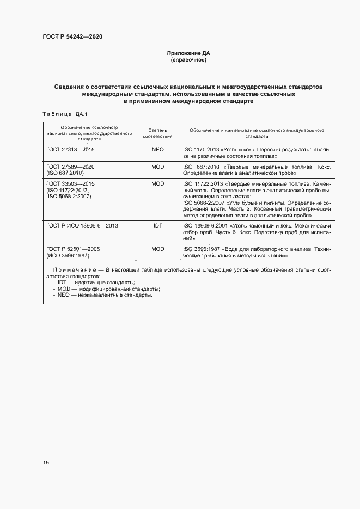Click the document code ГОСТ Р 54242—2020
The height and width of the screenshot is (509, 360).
point(72,36)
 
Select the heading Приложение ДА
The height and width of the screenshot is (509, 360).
point(188,53)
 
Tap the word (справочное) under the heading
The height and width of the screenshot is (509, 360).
point(188,60)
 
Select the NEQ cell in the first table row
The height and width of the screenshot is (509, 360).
point(157,149)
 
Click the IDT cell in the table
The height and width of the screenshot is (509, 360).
point(157,225)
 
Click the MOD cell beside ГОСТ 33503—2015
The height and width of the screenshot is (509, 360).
point(157,184)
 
